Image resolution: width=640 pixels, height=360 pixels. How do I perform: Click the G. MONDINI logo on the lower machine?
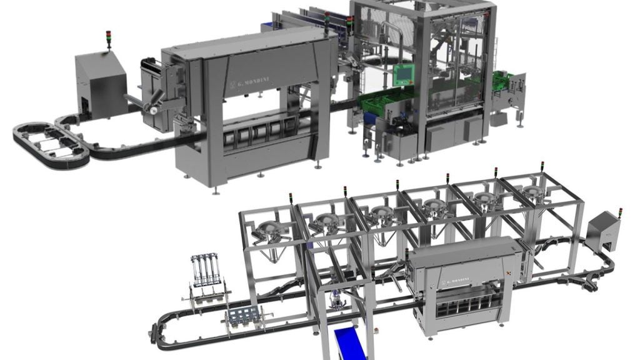point(456,281)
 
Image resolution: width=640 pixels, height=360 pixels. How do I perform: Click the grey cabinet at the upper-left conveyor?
point(101,84)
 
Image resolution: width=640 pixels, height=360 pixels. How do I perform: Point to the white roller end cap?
point(154,110)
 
